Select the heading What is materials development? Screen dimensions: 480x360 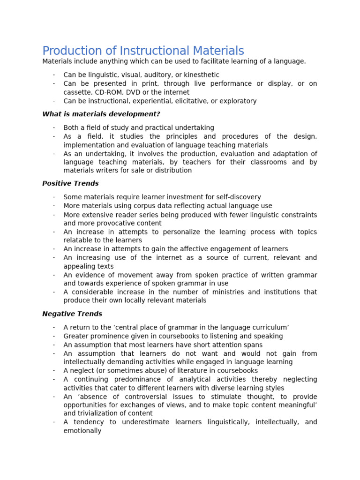tap(101, 114)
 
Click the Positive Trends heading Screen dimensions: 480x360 tap(70, 184)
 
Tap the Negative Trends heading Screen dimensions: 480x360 tap(72, 314)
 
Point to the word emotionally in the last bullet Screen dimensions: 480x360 tap(82, 430)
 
